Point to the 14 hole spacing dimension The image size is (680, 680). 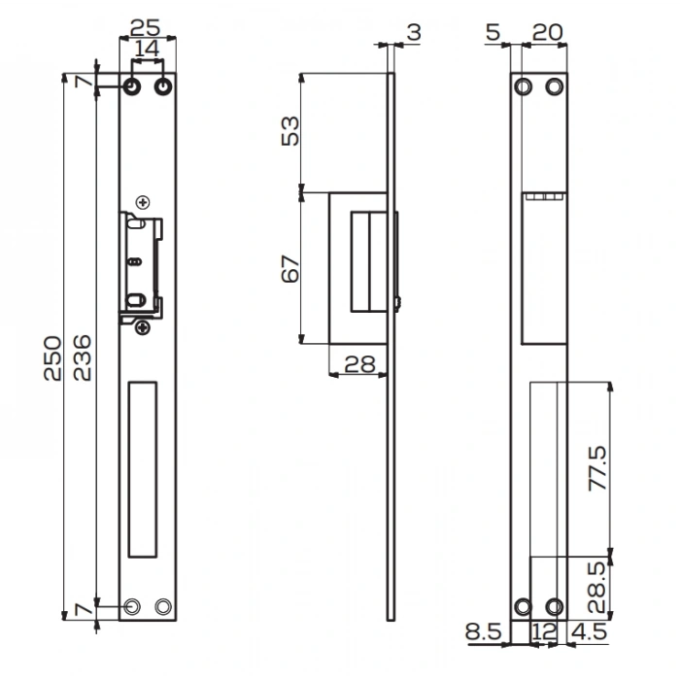point(148,48)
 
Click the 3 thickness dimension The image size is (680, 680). point(414,32)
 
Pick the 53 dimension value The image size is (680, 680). point(290,129)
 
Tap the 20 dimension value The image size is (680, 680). point(548,32)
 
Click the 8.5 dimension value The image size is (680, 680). point(483,632)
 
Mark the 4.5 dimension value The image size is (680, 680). point(590,632)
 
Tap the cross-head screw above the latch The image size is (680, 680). point(144,202)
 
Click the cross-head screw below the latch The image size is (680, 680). point(144,327)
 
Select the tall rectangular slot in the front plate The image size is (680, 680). point(142,468)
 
